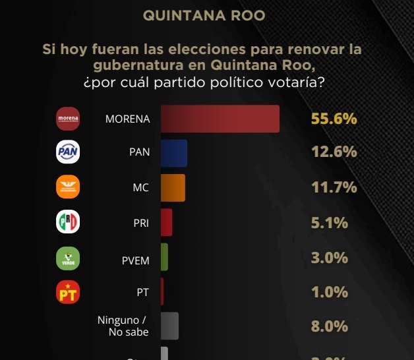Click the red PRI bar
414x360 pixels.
[166, 222]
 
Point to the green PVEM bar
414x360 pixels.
[164, 257]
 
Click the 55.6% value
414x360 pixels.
[334, 119]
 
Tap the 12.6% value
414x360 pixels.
[334, 153]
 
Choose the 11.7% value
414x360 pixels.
[334, 188]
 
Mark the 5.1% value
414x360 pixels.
[329, 223]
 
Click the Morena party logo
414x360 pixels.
[68, 119]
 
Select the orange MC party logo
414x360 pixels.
[68, 187]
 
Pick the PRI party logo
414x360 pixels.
[68, 222]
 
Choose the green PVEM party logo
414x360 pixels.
[68, 257]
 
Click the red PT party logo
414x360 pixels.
[68, 292]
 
